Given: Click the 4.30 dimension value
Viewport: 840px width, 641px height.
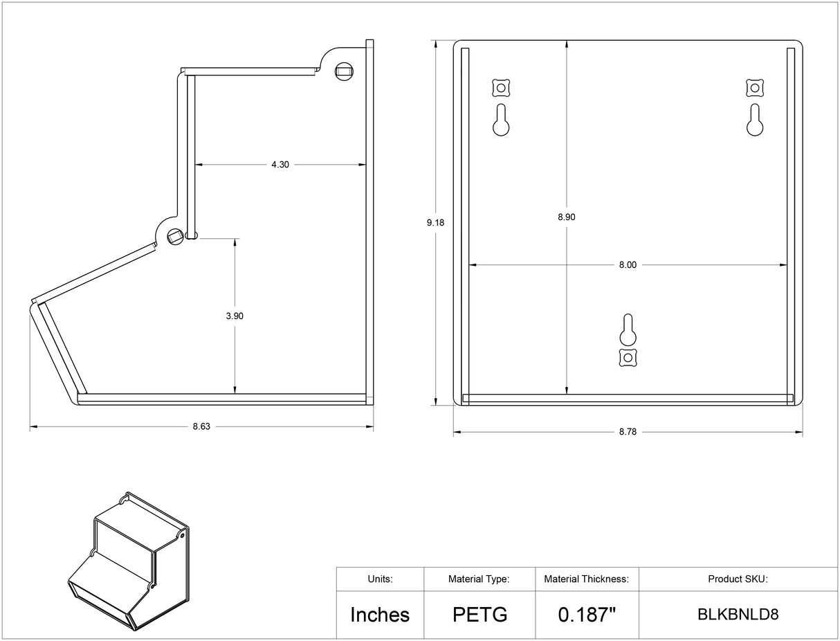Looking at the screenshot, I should (x=280, y=165).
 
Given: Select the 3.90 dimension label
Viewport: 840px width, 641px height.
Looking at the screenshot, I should (x=235, y=316).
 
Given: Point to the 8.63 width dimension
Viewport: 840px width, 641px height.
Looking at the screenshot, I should (x=201, y=426).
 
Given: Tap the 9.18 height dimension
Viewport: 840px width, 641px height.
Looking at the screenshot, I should (x=435, y=222).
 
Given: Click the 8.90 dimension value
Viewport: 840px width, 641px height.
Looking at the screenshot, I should (x=567, y=217).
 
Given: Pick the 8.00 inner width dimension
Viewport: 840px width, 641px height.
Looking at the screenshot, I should (x=628, y=264).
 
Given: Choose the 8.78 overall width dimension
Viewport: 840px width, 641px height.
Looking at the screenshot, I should (x=628, y=431).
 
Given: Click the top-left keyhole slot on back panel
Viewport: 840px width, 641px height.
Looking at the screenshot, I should (x=501, y=120).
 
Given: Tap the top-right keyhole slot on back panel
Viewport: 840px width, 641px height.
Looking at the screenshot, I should (x=755, y=120).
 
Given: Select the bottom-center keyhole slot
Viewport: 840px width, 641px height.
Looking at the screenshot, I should (x=628, y=330).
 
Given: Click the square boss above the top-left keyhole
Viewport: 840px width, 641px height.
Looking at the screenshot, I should (x=501, y=88).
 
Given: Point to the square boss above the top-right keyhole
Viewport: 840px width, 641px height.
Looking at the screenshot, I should (x=755, y=88).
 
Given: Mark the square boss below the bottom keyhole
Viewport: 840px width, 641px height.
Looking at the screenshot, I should (x=628, y=357).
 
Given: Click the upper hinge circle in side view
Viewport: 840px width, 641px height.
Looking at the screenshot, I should (x=344, y=70).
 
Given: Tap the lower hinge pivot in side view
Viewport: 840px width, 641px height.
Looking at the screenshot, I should (x=174, y=237).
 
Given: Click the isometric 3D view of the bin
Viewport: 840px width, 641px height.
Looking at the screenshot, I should (x=128, y=562).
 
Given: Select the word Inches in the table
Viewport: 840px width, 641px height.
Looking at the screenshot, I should (x=380, y=615).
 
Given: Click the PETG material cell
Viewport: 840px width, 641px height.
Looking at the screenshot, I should (x=480, y=615).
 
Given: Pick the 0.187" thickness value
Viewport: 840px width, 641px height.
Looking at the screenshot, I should (x=587, y=615).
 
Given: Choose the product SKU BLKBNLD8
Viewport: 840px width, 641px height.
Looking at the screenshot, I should (x=738, y=615).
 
